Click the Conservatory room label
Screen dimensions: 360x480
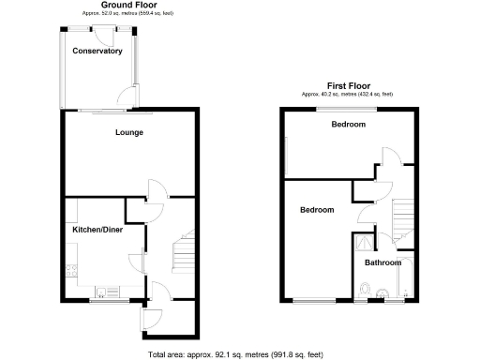click(x=97, y=51)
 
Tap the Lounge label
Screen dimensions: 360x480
click(x=129, y=132)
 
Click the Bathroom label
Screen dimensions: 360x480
click(x=382, y=262)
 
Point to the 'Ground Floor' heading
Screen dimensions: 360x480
click(x=129, y=6)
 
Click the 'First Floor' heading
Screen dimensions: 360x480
click(x=347, y=85)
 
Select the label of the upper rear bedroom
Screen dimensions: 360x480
click(x=347, y=125)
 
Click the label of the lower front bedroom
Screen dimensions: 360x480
click(x=317, y=210)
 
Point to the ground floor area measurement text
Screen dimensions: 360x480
click(x=129, y=14)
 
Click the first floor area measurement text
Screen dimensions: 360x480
click(x=347, y=94)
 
